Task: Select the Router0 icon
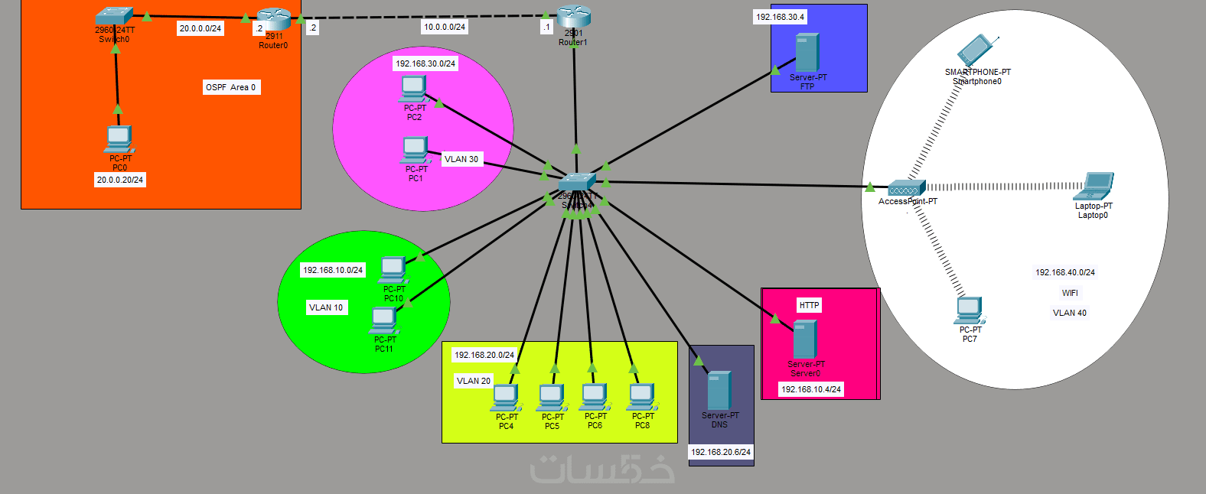(274, 19)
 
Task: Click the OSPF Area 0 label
(231, 87)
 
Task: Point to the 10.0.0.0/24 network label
(445, 27)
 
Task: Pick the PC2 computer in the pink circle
(413, 89)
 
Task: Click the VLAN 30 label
(461, 159)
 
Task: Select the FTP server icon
(807, 53)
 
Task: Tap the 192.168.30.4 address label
(780, 17)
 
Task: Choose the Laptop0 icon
(1094, 186)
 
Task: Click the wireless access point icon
(907, 187)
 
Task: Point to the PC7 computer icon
(969, 310)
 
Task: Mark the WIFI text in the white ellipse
(1070, 293)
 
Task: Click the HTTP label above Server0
(809, 305)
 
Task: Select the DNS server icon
(719, 390)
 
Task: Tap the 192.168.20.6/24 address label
(721, 452)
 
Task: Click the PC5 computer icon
(552, 398)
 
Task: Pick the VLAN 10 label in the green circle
(326, 307)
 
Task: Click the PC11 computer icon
(383, 320)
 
